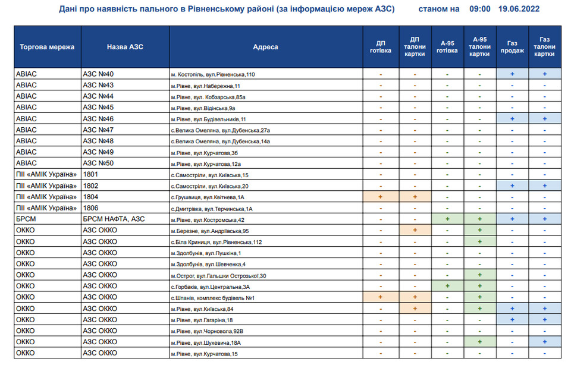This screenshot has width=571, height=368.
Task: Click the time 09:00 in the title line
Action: pos(480,10)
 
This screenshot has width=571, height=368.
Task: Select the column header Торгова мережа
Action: pos(47,46)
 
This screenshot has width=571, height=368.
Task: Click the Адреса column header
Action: pos(265,47)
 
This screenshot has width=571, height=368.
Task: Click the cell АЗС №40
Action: pos(98,74)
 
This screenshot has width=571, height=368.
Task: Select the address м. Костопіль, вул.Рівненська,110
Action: pos(212,75)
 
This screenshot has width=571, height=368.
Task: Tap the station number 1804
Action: pos(90,197)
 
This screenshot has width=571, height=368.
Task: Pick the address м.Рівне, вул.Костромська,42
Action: pos(208,220)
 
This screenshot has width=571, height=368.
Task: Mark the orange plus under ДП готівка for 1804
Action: pos(380,197)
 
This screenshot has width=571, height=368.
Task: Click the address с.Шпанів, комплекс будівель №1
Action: pos(212,298)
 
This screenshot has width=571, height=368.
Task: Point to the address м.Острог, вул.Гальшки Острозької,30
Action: pos(218,276)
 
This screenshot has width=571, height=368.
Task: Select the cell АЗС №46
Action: pos(98,119)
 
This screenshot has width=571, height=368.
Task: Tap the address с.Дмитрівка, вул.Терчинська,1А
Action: pos(212,209)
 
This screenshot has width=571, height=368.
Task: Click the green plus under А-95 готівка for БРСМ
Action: pos(447,219)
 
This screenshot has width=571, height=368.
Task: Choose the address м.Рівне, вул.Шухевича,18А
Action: pos(205,342)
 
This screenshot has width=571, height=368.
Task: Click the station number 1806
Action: pos(90,208)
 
